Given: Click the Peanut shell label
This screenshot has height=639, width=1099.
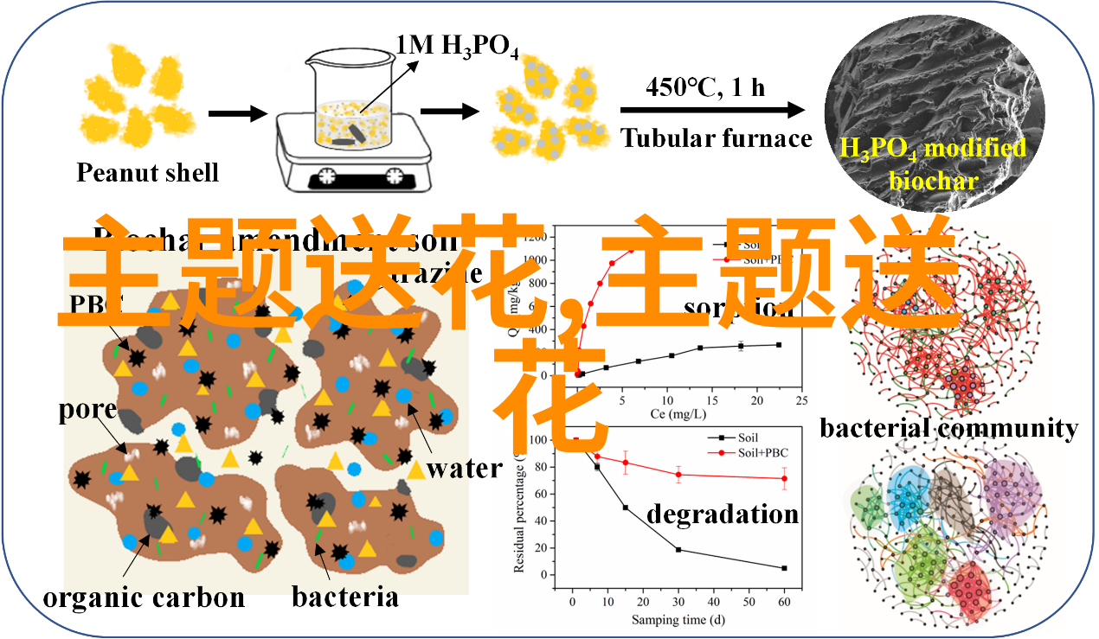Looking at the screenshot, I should click(x=147, y=172).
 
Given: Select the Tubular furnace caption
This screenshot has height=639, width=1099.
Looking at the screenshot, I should click(x=716, y=138).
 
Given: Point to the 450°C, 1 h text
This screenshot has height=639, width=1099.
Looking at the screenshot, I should click(x=705, y=86).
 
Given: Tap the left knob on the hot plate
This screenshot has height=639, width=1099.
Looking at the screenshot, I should click(x=326, y=176).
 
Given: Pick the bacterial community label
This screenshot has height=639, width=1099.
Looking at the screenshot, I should click(x=948, y=428).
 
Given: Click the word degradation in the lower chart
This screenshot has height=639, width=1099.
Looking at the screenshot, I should click(x=723, y=514).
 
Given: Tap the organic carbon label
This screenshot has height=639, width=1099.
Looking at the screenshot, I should click(x=144, y=597).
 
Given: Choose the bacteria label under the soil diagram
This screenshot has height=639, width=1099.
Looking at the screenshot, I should click(x=344, y=597).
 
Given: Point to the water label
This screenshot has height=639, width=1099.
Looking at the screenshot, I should click(x=464, y=469).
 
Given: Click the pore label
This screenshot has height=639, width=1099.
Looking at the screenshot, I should click(x=87, y=409).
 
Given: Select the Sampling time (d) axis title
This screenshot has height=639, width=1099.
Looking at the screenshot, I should click(x=677, y=620).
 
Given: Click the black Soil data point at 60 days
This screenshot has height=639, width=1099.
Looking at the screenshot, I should click(x=784, y=568).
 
